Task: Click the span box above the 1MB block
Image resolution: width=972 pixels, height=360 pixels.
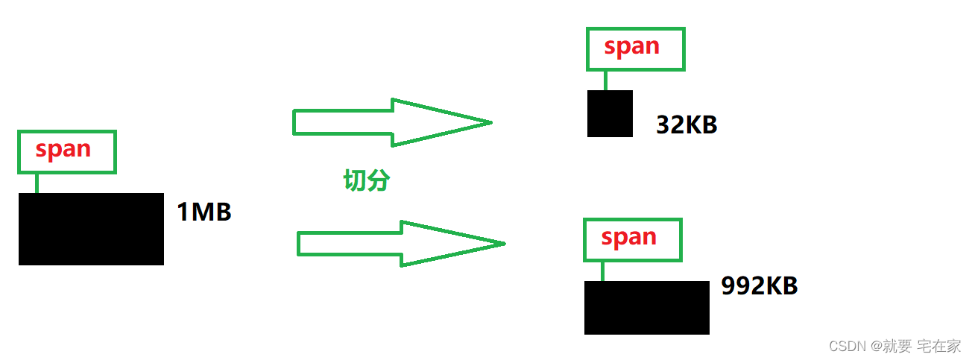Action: coord(67,151)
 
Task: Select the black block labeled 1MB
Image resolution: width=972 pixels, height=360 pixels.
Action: coord(91,229)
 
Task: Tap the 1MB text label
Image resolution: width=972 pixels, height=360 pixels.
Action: coord(204,213)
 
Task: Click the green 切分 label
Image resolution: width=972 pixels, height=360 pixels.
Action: coord(366,180)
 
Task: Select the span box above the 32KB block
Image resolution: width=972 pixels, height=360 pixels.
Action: coord(635,49)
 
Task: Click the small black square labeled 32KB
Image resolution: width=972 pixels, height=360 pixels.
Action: coord(610,113)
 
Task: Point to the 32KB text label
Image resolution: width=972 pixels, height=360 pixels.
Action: coord(687,124)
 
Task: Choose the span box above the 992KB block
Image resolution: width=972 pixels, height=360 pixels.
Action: coord(632,239)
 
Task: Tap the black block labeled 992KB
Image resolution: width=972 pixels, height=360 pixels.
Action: coord(646,307)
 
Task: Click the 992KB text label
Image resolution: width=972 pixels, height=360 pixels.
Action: coord(759,285)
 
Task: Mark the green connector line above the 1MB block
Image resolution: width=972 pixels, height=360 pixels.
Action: coord(36,183)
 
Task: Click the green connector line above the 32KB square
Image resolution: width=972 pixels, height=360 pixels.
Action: coord(605,80)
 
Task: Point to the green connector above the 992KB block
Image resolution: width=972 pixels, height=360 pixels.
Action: coord(602,271)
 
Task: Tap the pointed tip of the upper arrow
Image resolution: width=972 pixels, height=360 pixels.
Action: coord(488,122)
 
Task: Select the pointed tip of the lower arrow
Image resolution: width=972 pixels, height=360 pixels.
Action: coord(502,243)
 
